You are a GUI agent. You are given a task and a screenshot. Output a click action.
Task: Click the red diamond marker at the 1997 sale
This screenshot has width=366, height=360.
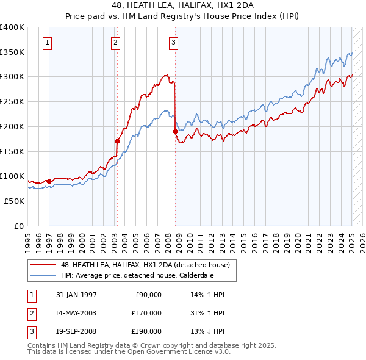tap(49, 181)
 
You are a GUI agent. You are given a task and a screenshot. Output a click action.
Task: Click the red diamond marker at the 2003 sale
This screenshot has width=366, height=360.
tap(117, 141)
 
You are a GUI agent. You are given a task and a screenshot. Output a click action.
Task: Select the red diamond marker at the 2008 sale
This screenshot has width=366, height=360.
tap(175, 131)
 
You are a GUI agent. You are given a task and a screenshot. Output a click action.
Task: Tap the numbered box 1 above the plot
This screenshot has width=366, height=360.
tap(48, 42)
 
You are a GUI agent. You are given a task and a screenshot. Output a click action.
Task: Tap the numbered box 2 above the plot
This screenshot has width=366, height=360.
tap(115, 42)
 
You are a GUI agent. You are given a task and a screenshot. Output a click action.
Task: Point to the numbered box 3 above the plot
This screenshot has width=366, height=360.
tap(174, 42)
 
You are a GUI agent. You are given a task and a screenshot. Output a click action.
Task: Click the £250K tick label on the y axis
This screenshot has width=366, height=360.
tap(12, 101)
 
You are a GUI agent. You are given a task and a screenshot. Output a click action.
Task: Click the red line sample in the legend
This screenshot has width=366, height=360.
tap(43, 265)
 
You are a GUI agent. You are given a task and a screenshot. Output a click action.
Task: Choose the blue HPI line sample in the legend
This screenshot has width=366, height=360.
tap(43, 275)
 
